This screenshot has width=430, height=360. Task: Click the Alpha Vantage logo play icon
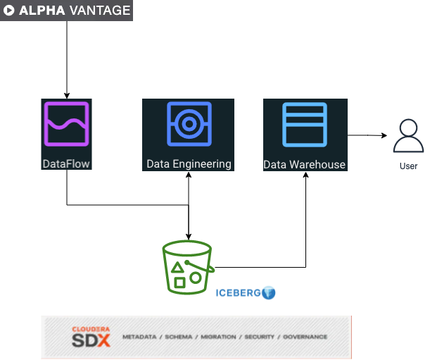tap(10, 11)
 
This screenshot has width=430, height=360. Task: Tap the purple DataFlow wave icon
tap(67, 125)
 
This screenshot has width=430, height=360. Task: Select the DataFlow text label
tap(67, 164)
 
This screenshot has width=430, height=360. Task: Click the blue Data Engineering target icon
tap(188, 125)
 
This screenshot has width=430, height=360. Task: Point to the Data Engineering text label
tap(189, 164)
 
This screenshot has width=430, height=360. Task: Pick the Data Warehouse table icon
tap(305, 125)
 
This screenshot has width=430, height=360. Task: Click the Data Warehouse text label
tap(305, 165)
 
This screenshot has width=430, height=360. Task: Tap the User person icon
tap(408, 136)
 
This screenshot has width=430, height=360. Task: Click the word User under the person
tap(408, 166)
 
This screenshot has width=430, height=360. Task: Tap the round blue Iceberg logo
tap(268, 292)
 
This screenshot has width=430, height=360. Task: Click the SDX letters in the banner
tap(91, 340)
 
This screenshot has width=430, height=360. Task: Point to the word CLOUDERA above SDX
tap(91, 329)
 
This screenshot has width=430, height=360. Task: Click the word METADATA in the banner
tap(139, 337)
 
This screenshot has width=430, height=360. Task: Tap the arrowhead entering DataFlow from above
tap(67, 96)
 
